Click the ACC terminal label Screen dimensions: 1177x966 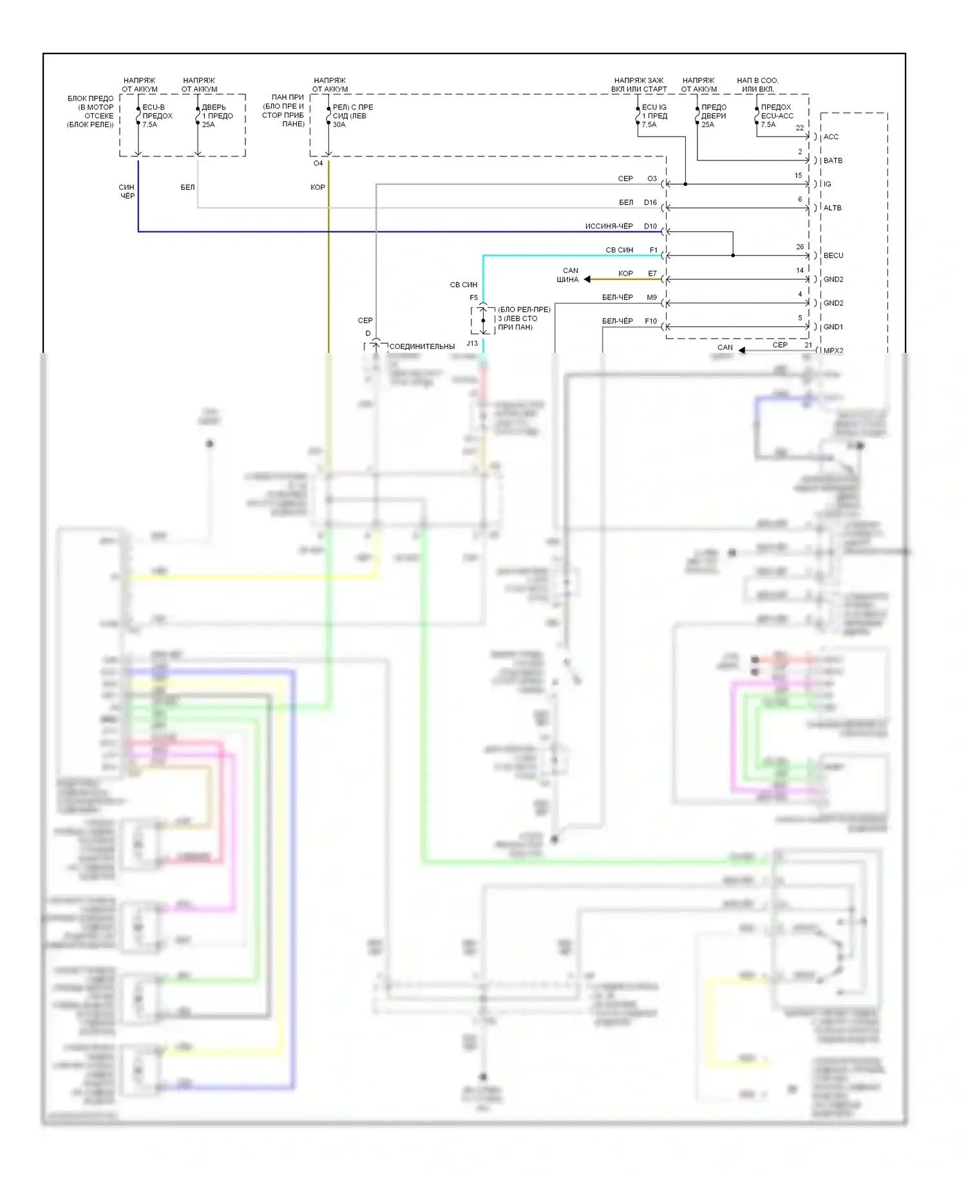click(831, 137)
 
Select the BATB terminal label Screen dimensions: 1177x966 click(833, 161)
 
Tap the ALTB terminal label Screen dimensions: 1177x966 click(832, 208)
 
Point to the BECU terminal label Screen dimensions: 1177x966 click(833, 256)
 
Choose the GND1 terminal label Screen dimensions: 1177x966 click(833, 327)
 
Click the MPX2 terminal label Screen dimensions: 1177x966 click(833, 351)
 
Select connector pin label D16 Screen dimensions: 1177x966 click(650, 203)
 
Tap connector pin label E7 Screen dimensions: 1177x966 click(652, 274)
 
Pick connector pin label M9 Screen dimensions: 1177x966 click(652, 297)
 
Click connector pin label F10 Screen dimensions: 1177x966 click(651, 321)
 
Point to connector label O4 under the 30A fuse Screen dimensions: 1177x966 click(318, 164)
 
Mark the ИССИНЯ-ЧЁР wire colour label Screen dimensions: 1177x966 click(609, 227)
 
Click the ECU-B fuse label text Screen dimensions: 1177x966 click(153, 108)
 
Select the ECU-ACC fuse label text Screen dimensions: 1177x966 click(777, 117)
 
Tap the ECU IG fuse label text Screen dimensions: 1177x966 click(654, 108)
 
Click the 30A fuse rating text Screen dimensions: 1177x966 click(339, 125)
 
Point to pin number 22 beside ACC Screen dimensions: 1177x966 click(800, 128)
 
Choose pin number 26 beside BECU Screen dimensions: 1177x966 click(800, 247)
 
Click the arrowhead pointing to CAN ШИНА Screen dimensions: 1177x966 click(587, 279)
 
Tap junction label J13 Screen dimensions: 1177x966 click(472, 344)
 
